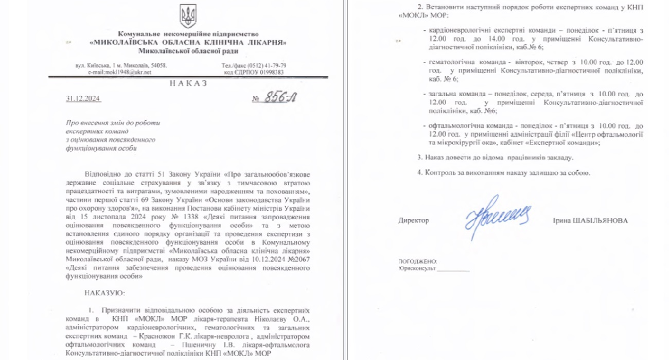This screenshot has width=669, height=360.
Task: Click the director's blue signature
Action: (x=497, y=213)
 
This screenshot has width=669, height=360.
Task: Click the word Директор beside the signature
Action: (x=413, y=221)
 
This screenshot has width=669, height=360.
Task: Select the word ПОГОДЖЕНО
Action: (x=417, y=262)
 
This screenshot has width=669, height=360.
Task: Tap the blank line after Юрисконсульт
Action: (x=453, y=268)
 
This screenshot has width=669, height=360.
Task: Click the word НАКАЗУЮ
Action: (x=100, y=293)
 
